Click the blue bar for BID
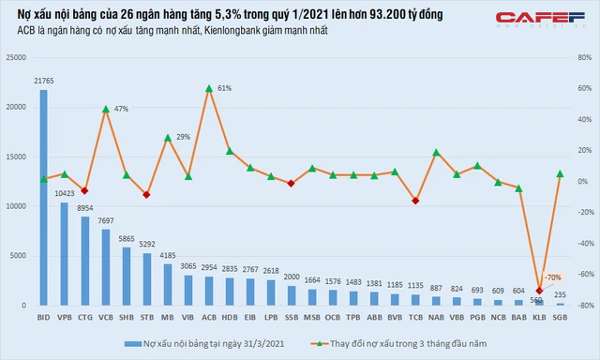[x=44, y=197]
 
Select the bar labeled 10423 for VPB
[x=65, y=253]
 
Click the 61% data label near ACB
[x=224, y=88]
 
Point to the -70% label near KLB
[x=553, y=277]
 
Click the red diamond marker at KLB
[x=539, y=291]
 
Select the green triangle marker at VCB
[x=106, y=109]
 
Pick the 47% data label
[x=121, y=110]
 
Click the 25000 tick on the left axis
[x=16, y=57]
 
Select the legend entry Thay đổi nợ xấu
[x=423, y=344]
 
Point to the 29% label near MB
[x=183, y=138]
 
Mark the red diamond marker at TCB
[x=415, y=201]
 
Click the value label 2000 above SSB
[x=292, y=277]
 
